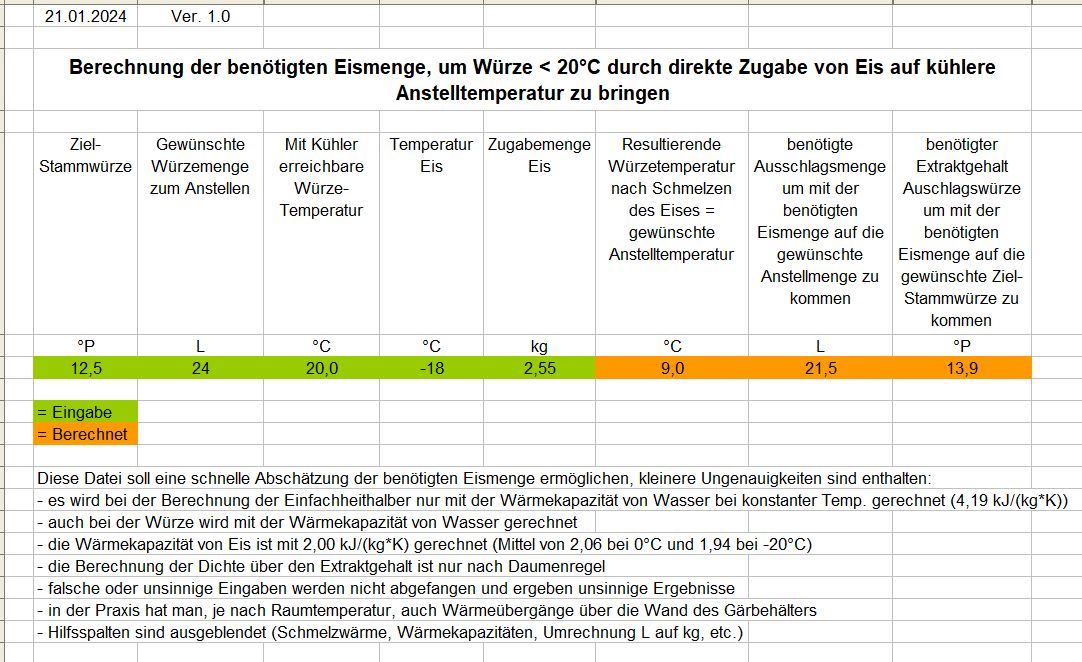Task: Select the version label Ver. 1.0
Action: [x=201, y=16]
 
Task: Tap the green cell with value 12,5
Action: [x=86, y=368]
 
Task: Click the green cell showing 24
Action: [x=200, y=368]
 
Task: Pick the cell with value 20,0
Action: [x=321, y=368]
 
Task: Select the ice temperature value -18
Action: [x=431, y=368]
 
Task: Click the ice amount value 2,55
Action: [x=539, y=368]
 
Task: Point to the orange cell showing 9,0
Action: [x=672, y=368]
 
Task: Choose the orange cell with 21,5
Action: [x=820, y=368]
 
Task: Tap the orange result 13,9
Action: [x=961, y=368]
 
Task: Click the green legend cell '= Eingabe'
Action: [x=85, y=412]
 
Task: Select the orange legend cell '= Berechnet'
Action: [x=85, y=434]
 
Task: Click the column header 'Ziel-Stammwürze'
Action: [x=86, y=155]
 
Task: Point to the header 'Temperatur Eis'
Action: [x=431, y=155]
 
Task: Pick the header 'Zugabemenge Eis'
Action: [x=539, y=155]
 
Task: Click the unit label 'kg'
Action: [x=539, y=346]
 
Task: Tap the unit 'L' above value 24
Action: [x=200, y=346]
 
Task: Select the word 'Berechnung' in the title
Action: [x=123, y=68]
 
